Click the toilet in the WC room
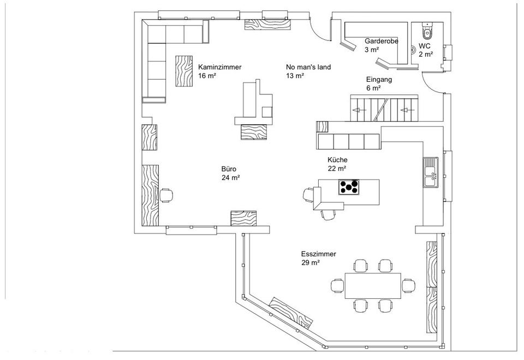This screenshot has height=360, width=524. (426, 28)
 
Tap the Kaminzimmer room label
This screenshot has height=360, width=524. (219, 67)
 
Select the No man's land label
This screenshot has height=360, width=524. (308, 67)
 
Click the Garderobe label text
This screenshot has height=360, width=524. (382, 41)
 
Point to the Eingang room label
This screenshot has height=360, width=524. (379, 80)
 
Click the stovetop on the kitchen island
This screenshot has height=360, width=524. (349, 187)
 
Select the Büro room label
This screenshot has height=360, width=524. (229, 169)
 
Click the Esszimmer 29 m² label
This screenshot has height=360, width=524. (318, 258)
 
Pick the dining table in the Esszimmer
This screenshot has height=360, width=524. (373, 285)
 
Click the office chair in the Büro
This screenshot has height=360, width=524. (167, 195)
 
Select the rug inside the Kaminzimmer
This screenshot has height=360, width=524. (183, 71)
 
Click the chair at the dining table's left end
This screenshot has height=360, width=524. (337, 285)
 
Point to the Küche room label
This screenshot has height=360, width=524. (337, 160)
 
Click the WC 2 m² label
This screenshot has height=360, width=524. (426, 50)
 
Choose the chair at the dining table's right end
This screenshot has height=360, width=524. (408, 285)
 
